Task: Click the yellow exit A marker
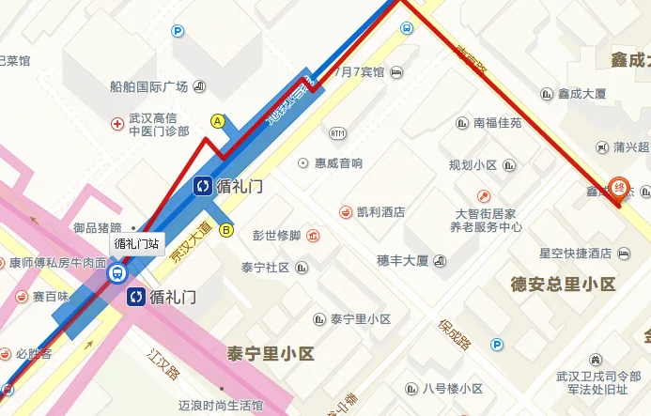(x=218, y=121)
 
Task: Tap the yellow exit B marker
(x=225, y=229)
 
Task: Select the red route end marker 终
(x=618, y=187)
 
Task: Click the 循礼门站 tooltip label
(x=136, y=243)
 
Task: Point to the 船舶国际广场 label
(x=149, y=87)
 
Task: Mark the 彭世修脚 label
(x=277, y=235)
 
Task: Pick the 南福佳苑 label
(x=497, y=123)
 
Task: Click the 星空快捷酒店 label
(x=576, y=254)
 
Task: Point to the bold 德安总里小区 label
(x=562, y=284)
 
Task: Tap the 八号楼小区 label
(x=452, y=388)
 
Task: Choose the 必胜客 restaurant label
(x=34, y=355)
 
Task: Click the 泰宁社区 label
(x=265, y=268)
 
